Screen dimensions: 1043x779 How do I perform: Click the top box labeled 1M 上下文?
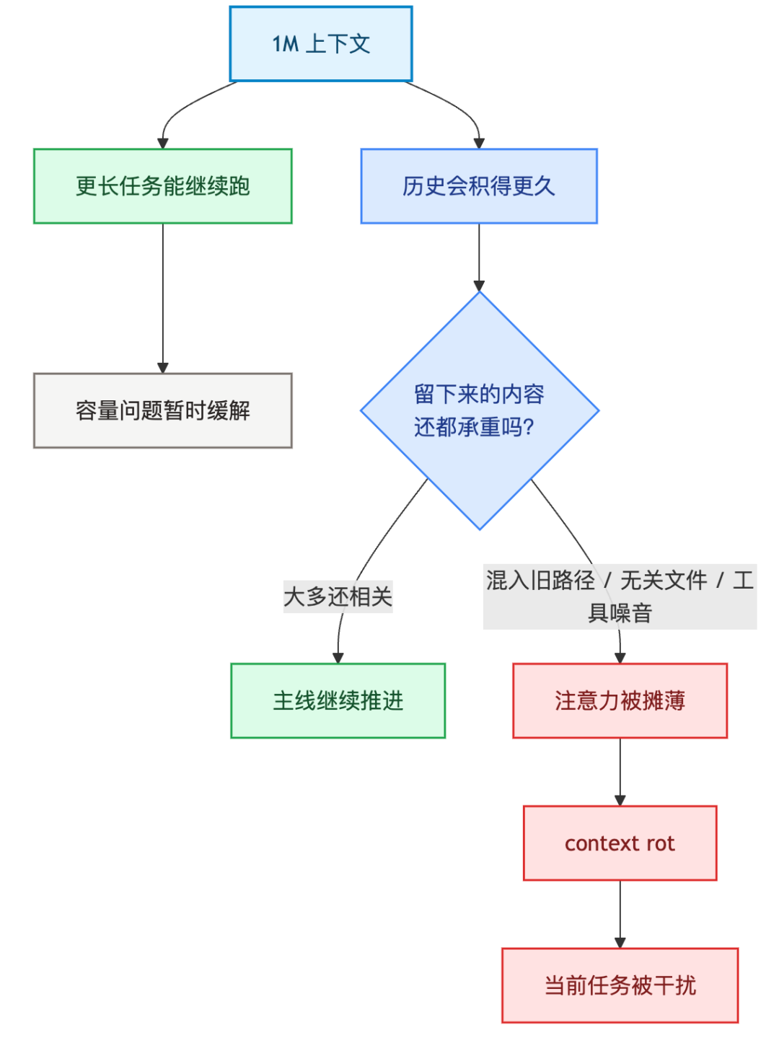click(x=321, y=44)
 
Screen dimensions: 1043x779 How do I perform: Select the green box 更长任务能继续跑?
click(x=163, y=186)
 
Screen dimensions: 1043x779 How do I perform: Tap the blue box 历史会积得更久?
click(x=479, y=186)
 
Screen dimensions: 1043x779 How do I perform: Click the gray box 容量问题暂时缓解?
click(x=163, y=410)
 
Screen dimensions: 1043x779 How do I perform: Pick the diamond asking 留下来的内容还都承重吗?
click(x=479, y=410)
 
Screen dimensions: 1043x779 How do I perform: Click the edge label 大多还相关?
click(x=338, y=597)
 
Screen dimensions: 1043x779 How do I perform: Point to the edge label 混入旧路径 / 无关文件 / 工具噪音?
click(x=620, y=597)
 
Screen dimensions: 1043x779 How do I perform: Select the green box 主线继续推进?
click(x=338, y=700)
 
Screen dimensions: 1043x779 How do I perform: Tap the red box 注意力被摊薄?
click(x=620, y=700)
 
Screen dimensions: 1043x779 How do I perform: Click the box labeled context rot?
click(x=620, y=843)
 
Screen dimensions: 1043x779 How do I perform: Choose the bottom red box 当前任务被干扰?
click(x=620, y=985)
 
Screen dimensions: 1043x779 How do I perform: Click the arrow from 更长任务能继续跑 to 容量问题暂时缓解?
click(x=163, y=296)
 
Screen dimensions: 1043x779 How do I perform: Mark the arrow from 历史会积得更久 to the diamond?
click(x=479, y=256)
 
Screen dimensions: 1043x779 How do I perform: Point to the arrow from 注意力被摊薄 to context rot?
click(x=620, y=770)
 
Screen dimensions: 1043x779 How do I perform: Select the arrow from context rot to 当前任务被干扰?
click(x=620, y=913)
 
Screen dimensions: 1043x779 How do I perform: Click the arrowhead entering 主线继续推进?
click(x=338, y=657)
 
